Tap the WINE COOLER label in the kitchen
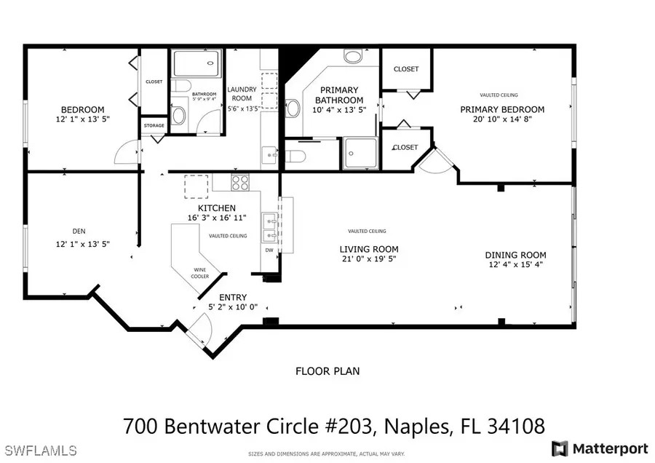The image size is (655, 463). pyautogui.click(x=200, y=273)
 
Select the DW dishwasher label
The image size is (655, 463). pyautogui.click(x=269, y=250)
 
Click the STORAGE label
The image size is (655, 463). pyautogui.click(x=154, y=126)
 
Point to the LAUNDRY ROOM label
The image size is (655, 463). pyautogui.click(x=242, y=93)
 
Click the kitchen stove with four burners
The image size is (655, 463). pyautogui.click(x=240, y=181)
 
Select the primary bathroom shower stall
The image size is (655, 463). pyautogui.click(x=361, y=153)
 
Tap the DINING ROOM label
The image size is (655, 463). pyautogui.click(x=515, y=255)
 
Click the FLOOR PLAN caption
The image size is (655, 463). pyautogui.click(x=327, y=371)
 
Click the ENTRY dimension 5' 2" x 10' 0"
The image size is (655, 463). pyautogui.click(x=232, y=307)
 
